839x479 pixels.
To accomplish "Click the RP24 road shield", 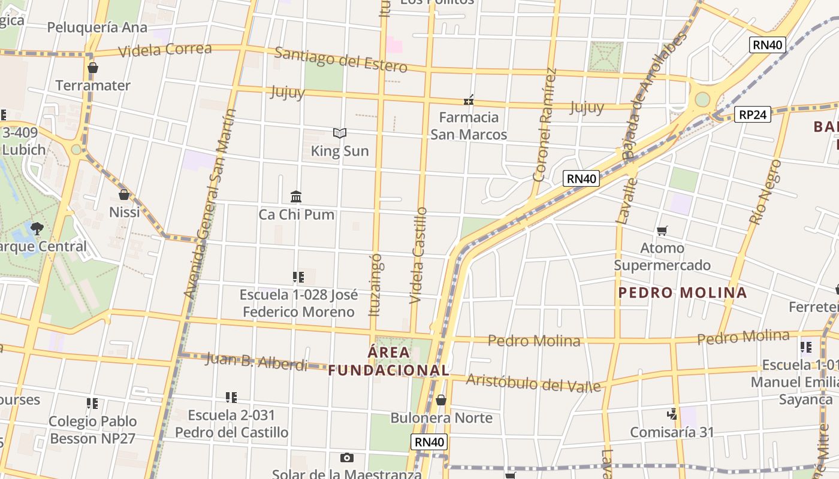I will (752, 114).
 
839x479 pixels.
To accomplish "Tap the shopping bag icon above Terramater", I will (92, 68).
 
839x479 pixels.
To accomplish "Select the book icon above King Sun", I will (340, 133).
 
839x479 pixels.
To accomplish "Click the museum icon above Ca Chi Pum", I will (296, 196).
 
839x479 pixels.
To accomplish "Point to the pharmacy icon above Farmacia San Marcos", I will (469, 99).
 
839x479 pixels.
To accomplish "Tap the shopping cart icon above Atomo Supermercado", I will (662, 231).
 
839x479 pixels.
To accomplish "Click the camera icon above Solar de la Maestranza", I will (346, 458).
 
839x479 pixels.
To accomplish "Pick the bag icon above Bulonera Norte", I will (441, 400).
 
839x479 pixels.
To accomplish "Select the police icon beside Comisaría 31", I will (672, 414).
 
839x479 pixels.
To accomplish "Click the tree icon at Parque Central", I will (37, 228).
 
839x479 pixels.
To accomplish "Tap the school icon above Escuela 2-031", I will (231, 398).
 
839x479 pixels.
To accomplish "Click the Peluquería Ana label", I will (97, 28).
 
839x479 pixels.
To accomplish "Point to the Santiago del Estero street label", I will (340, 59).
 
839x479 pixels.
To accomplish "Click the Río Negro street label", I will (765, 192).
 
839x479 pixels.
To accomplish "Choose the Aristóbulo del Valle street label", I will (533, 383).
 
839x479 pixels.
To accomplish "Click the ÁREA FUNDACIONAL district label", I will (388, 361).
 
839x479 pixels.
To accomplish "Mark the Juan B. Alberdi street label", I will (256, 362).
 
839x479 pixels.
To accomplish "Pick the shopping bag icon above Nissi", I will (124, 195).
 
